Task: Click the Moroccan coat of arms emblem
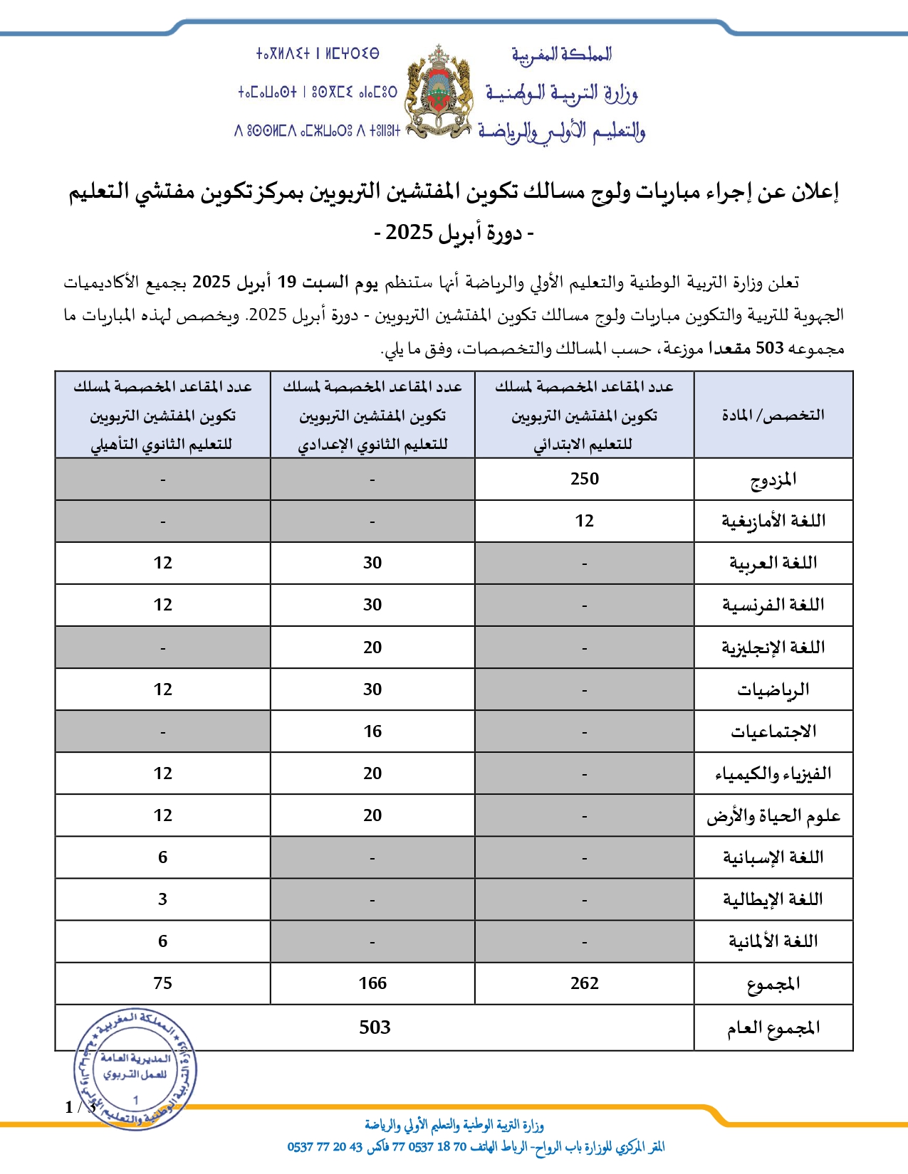[439, 92]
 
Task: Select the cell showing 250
[584, 479]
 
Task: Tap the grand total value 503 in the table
[375, 1027]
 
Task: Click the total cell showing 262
[584, 983]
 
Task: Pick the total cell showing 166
[372, 983]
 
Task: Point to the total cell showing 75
[162, 983]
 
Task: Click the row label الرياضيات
[773, 689]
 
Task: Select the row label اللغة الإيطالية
[773, 899]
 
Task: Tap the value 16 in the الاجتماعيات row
[372, 731]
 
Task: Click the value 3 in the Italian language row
[162, 899]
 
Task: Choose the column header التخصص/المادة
[773, 415]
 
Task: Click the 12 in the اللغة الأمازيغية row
[584, 521]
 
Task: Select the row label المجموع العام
[773, 1028]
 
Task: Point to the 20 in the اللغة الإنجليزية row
[372, 647]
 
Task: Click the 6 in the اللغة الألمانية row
[162, 941]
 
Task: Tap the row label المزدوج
[773, 480]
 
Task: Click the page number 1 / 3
[80, 1107]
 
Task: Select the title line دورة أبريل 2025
[454, 233]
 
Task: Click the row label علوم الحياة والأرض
[773, 815]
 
